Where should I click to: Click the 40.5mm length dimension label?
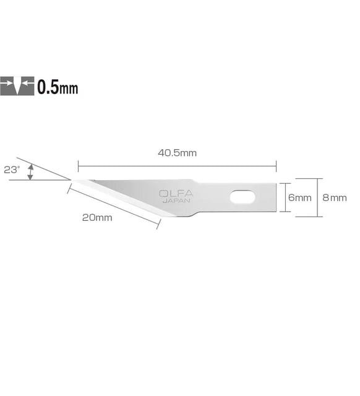coord(178,153)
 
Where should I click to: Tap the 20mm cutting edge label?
coord(97,217)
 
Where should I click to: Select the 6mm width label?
coord(299,197)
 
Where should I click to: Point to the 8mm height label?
coord(335,197)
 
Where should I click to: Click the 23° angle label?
coord(12,170)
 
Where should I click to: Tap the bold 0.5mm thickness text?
coord(58,87)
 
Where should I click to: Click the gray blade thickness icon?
coord(17,86)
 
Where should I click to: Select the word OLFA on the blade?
coord(176,194)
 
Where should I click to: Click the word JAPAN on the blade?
coord(176,200)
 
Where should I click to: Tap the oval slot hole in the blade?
coord(242,197)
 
